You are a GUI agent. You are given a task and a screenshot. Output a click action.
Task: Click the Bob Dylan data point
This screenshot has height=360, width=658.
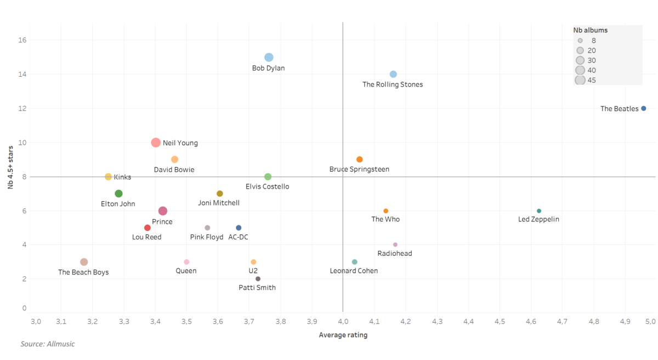269,58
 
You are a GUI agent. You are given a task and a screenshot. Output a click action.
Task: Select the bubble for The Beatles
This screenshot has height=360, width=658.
644,108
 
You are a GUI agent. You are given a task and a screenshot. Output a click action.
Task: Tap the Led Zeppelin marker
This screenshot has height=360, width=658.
539,211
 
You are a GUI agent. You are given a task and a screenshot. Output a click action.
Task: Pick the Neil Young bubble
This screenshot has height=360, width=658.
156,142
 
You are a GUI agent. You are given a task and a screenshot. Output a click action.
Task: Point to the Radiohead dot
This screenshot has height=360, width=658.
395,245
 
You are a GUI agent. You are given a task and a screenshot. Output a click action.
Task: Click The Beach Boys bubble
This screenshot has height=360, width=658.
84,262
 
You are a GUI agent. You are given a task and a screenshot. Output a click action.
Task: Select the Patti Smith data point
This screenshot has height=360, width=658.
258,279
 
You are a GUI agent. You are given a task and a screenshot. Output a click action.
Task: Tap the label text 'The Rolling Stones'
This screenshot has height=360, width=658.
393,85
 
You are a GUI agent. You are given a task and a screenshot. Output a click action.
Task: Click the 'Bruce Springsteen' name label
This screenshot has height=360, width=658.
359,169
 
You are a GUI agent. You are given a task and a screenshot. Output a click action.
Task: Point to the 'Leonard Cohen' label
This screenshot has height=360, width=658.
354,271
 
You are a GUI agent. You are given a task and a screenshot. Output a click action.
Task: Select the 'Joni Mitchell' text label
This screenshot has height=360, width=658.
219,203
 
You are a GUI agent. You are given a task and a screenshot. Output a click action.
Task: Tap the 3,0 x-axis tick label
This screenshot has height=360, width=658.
36,321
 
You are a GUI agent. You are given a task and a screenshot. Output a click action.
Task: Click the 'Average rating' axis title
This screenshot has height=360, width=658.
343,335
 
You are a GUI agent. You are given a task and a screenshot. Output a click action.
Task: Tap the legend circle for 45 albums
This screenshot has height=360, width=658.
580,80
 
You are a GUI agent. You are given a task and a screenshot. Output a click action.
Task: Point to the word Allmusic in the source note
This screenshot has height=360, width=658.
60,344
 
